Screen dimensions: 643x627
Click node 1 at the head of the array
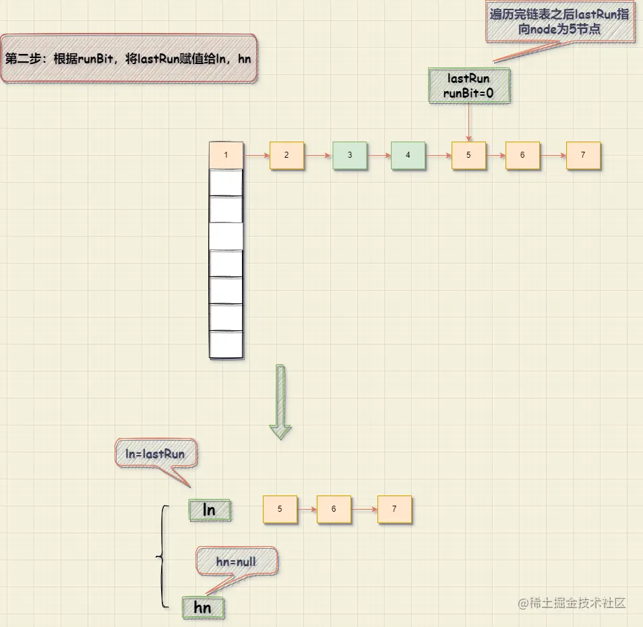[x=226, y=155]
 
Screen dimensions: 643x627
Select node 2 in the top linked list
[x=286, y=155]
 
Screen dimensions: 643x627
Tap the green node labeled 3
[x=350, y=155]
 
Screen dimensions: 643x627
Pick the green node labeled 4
[x=408, y=155]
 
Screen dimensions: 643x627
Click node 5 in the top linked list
[x=468, y=155]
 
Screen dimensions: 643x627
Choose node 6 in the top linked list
[x=522, y=155]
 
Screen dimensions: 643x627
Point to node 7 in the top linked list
[x=583, y=155]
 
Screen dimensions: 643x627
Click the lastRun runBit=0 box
[x=469, y=86]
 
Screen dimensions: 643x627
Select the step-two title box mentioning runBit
[x=128, y=59]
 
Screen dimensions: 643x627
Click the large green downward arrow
[x=280, y=402]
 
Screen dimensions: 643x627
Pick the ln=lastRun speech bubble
[x=156, y=454]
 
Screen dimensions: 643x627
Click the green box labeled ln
[x=210, y=510]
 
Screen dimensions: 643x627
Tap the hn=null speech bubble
[x=236, y=561]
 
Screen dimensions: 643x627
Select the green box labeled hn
[x=202, y=607]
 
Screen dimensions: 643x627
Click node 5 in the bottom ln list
[x=280, y=510]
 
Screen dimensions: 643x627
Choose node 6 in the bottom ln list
[x=334, y=510]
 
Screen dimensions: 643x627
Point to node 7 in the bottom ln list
[x=394, y=510]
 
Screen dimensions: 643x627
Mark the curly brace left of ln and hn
[x=162, y=556]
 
